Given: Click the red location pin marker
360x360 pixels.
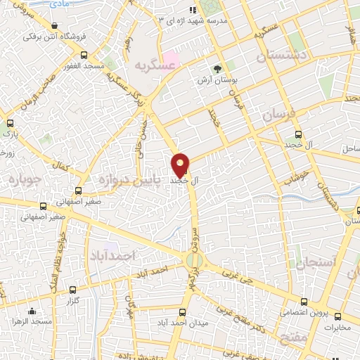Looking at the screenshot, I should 181,165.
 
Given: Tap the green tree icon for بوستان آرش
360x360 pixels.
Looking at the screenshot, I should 217,69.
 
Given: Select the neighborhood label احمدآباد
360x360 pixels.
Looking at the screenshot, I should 112,257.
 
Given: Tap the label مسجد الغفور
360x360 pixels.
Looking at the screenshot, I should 106,65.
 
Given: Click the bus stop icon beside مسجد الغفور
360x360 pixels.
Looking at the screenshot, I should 84,55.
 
